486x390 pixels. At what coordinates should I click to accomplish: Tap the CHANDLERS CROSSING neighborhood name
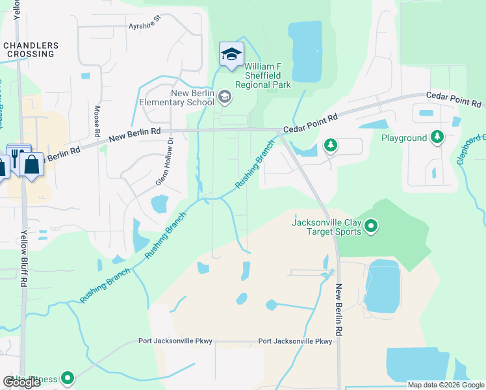coord(31,49)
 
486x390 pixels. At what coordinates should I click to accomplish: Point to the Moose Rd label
coord(97,121)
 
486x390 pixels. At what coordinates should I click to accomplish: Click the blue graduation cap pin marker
coord(231,54)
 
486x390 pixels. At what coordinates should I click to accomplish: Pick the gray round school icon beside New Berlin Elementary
coord(225,97)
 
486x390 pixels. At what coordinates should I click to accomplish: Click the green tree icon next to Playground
coord(437,137)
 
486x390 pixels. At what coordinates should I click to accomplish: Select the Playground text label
coord(404,138)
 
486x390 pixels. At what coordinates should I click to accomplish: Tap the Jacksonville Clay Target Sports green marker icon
coord(371,226)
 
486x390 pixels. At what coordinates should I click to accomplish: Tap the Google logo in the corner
coord(21,382)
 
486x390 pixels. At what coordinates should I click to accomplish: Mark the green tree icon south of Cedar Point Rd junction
coord(330,144)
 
